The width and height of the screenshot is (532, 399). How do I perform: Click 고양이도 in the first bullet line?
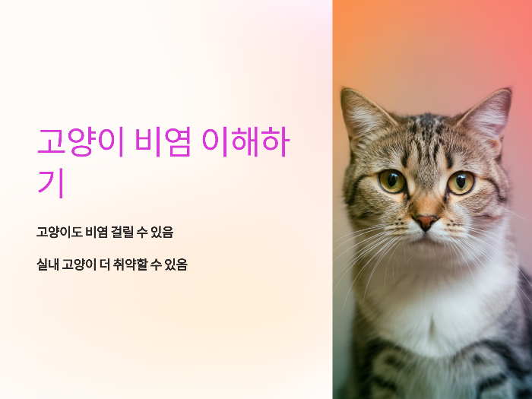coord(59,232)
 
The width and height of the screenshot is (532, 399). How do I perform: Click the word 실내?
coord(47,264)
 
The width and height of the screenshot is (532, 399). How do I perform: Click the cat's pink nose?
coord(425,221)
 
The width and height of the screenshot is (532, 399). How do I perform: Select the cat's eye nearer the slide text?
coord(391,181)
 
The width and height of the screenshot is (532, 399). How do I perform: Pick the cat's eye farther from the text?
coord(461,182)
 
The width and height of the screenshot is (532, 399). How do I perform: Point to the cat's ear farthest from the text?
coord(490,113)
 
